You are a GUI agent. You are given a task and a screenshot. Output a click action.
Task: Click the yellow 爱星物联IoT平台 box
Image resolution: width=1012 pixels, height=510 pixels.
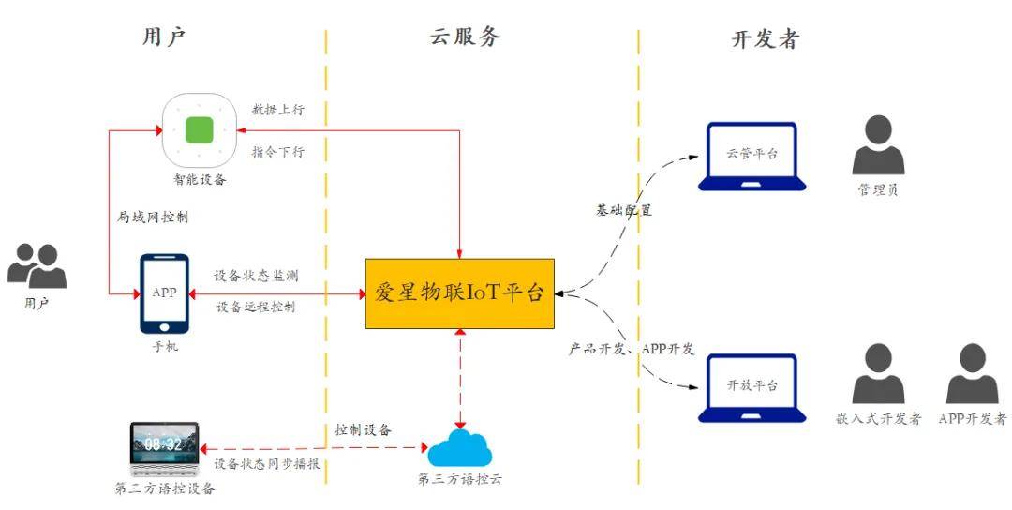(x=459, y=293)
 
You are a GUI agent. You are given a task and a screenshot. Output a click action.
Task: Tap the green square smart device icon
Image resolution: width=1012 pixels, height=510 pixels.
(x=199, y=129)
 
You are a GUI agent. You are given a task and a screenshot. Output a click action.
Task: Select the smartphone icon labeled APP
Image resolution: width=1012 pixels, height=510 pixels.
(x=164, y=293)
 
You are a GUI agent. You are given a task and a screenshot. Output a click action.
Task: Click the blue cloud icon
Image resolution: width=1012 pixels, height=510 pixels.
(x=460, y=449)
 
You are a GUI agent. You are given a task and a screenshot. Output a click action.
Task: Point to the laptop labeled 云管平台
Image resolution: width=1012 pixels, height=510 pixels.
(x=752, y=156)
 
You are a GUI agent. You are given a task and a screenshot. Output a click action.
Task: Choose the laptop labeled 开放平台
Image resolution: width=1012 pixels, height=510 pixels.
(x=752, y=387)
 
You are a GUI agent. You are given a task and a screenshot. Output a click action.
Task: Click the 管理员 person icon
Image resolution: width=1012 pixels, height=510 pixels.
(x=878, y=145)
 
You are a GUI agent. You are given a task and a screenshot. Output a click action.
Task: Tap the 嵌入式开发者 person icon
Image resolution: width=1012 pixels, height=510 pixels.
(x=878, y=374)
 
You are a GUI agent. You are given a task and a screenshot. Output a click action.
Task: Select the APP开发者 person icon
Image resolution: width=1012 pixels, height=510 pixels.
(x=972, y=374)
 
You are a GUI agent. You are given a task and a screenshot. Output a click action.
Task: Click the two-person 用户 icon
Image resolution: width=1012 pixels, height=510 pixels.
(x=37, y=265)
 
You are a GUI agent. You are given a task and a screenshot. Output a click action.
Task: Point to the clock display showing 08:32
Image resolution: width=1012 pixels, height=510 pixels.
(x=163, y=443)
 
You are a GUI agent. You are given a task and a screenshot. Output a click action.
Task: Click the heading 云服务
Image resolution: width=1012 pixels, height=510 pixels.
(x=466, y=37)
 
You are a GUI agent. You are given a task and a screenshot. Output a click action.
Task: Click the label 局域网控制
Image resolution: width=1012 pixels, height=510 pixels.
(x=152, y=217)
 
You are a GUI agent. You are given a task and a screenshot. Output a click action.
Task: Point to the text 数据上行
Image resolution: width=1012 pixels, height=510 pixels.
(x=277, y=110)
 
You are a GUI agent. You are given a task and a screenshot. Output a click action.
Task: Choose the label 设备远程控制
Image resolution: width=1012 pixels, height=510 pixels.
(x=256, y=307)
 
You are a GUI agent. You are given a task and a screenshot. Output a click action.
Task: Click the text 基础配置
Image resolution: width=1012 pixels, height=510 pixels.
(x=624, y=210)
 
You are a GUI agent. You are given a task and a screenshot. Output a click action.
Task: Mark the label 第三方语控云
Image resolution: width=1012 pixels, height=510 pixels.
(x=460, y=480)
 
